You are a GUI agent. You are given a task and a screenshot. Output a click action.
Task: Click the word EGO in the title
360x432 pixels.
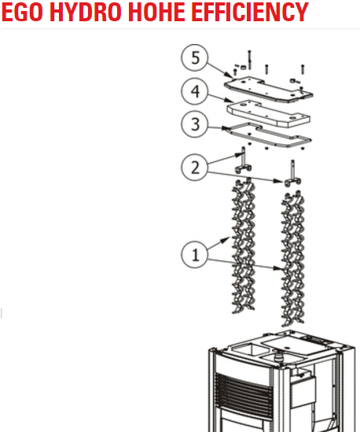pyautogui.click(x=22, y=12)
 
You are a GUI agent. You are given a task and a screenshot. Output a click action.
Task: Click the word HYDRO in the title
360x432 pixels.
pyautogui.click(x=86, y=12)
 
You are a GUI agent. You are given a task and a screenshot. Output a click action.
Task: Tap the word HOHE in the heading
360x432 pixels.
pyautogui.click(x=156, y=12)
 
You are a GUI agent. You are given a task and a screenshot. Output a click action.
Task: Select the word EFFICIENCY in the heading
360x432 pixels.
pyautogui.click(x=250, y=12)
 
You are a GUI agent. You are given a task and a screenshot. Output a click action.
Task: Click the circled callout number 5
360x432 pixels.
pyautogui.click(x=195, y=58)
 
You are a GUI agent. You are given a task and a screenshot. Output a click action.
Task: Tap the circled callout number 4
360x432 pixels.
pyautogui.click(x=195, y=91)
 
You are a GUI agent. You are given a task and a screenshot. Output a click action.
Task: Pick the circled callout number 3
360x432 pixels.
pyautogui.click(x=195, y=124)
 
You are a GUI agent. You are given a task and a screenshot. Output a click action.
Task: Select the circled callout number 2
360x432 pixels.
pyautogui.click(x=195, y=168)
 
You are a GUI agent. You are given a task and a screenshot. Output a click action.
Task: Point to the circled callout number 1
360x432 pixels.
pyautogui.click(x=195, y=254)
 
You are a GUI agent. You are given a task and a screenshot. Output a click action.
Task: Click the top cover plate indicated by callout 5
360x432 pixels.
pyautogui.click(x=268, y=90)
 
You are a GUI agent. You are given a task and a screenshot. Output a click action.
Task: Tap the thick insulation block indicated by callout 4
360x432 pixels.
pyautogui.click(x=268, y=113)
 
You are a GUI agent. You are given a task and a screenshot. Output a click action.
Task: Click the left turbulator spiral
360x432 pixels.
pyautogui.click(x=243, y=246)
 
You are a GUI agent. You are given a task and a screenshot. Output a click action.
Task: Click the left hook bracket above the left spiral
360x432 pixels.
pyautogui.click(x=243, y=161)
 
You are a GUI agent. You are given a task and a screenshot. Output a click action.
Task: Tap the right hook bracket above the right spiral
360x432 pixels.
pyautogui.click(x=292, y=174)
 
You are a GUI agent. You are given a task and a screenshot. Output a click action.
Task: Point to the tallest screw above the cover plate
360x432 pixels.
pyautogui.click(x=250, y=60)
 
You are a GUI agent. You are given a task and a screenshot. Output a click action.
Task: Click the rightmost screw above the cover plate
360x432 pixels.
pyautogui.click(x=303, y=69)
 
